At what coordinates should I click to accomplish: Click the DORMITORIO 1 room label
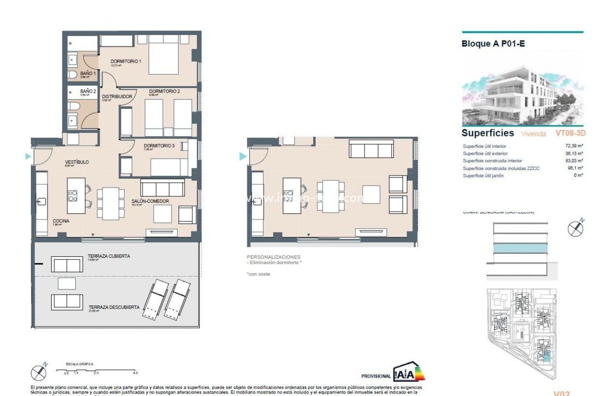tap(125, 61)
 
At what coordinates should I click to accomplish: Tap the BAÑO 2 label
tap(88, 91)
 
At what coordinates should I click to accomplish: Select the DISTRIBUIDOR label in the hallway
tap(117, 97)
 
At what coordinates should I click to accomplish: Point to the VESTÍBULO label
tap(77, 162)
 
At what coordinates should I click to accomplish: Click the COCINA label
tap(60, 221)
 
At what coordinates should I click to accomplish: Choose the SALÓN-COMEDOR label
tap(150, 201)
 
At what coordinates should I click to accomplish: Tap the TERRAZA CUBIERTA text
tap(108, 256)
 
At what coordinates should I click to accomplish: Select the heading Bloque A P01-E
tap(493, 44)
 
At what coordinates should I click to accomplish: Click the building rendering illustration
tap(522, 94)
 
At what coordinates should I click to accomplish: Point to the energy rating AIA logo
tap(408, 373)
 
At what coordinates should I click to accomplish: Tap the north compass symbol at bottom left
tap(38, 372)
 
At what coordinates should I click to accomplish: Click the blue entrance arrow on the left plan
tap(28, 157)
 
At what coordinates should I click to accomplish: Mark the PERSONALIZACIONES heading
tap(274, 257)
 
